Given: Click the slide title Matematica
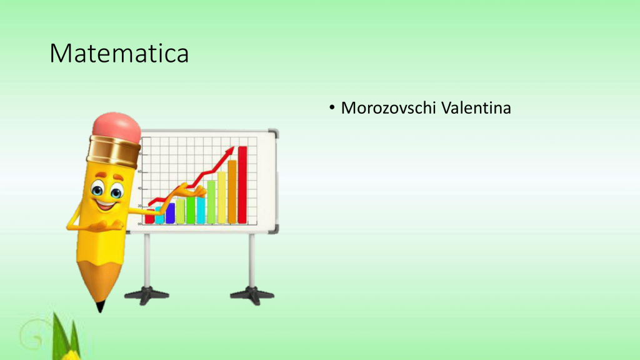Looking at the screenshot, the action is (x=119, y=54).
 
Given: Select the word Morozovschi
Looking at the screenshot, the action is (x=388, y=108).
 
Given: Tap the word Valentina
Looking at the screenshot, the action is (x=476, y=108).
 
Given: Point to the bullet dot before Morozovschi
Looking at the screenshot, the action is (x=332, y=107).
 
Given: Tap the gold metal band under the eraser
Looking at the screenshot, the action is (x=114, y=152).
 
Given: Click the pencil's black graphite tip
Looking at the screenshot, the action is (x=100, y=306).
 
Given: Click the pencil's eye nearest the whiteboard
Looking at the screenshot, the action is (x=117, y=191).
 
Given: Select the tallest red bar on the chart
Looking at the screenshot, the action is (x=242, y=185).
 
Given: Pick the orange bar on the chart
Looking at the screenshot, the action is (x=232, y=192).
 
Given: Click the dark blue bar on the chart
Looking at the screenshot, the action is (x=170, y=213).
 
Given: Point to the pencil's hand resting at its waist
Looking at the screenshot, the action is (x=107, y=226).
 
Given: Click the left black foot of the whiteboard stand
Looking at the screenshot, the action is (x=147, y=296).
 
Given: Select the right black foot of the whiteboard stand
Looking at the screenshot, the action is (x=252, y=296).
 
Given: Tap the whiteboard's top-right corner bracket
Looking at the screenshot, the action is (x=274, y=134).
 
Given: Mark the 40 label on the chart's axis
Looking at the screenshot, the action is (x=140, y=189).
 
